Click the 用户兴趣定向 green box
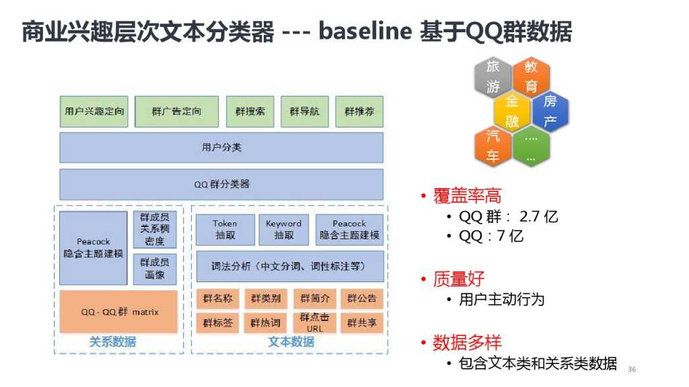(x=94, y=112)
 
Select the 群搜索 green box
(x=250, y=112)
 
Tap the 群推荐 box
(x=359, y=112)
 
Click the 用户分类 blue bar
(x=221, y=148)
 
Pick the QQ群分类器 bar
(x=221, y=184)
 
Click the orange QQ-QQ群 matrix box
(x=119, y=312)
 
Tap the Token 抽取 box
(x=225, y=230)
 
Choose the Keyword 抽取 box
(x=284, y=230)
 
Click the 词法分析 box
(x=289, y=267)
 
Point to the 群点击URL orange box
(x=314, y=322)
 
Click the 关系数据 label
(x=112, y=342)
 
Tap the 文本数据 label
(x=291, y=342)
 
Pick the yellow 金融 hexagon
(x=512, y=112)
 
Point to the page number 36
(x=631, y=370)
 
